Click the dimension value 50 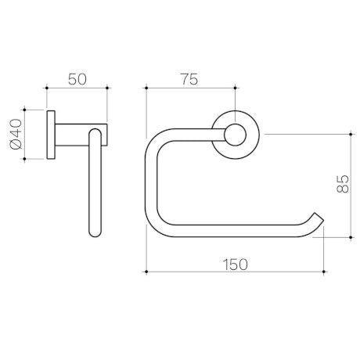point(77,79)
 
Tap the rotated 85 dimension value point(342,185)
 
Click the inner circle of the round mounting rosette point(232,133)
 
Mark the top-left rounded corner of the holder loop point(159,140)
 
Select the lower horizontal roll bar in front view point(235,229)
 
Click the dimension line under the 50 point(77,89)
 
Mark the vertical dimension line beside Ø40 point(27,135)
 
